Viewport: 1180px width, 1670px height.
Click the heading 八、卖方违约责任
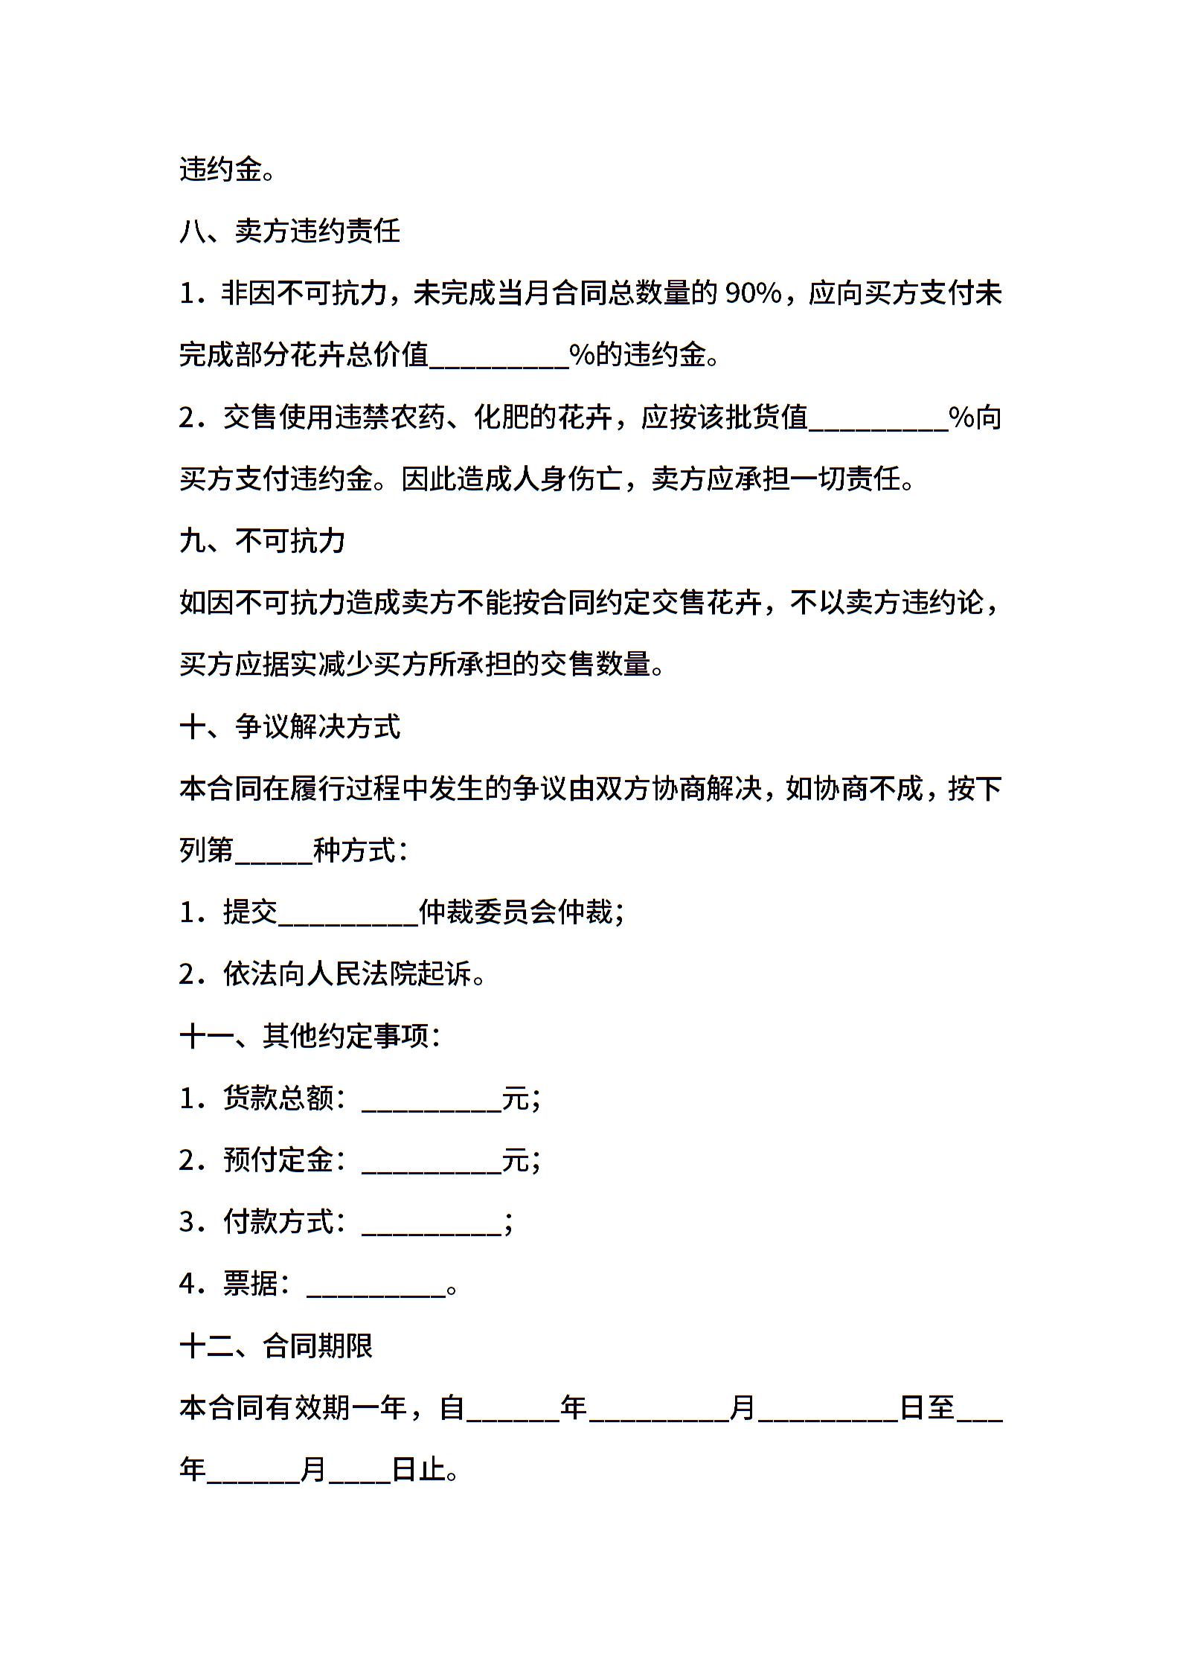tap(290, 231)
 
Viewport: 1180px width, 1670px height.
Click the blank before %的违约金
tap(499, 356)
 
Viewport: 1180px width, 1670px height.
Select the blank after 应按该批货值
tap(878, 418)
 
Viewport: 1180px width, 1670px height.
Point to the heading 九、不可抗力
tap(263, 541)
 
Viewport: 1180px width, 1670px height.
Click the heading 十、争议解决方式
tap(290, 726)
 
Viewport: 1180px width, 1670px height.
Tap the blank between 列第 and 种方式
tap(274, 851)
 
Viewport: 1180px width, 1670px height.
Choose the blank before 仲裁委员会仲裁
tap(347, 912)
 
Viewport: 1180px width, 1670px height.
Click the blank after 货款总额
tap(432, 1098)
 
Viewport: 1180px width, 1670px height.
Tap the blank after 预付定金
tap(432, 1160)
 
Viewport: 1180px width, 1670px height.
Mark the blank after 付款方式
tap(432, 1222)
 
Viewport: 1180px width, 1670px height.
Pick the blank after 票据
tap(376, 1284)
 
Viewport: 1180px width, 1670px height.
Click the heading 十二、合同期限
tap(277, 1346)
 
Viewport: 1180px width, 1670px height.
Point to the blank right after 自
tap(513, 1408)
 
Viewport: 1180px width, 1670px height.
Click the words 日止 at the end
tap(419, 1470)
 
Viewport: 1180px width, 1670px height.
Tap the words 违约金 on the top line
tap(221, 170)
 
